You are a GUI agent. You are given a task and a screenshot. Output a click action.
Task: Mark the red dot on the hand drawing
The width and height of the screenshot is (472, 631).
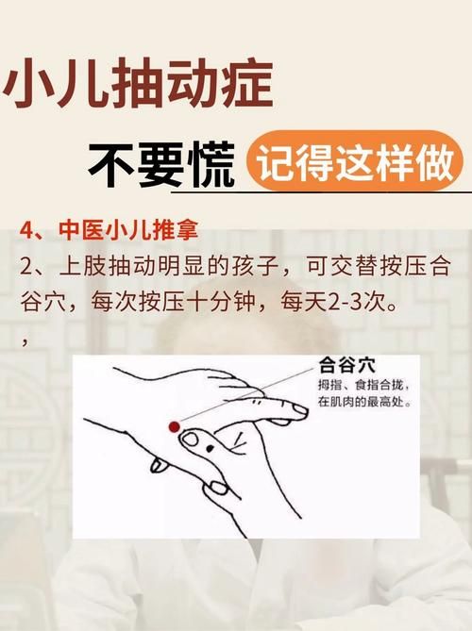tap(174, 427)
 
